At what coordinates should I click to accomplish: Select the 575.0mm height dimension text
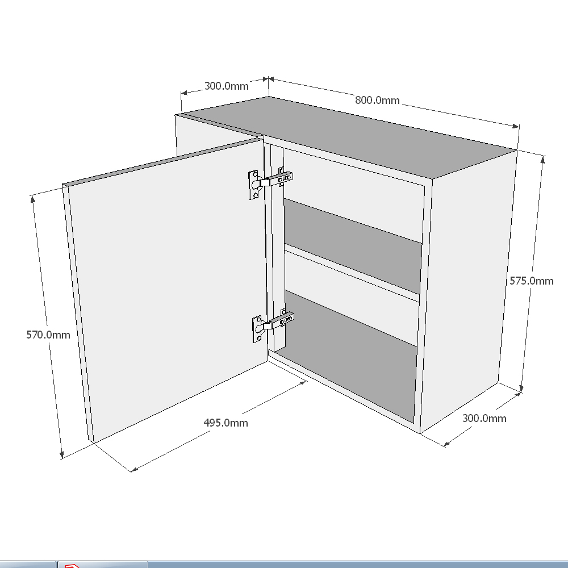click(x=531, y=281)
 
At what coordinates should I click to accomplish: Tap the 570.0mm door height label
click(x=48, y=335)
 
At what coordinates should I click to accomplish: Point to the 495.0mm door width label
click(x=225, y=423)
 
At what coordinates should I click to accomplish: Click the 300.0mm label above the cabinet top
click(x=226, y=86)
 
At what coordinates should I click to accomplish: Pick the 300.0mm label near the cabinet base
click(x=484, y=418)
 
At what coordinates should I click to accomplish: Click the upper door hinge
click(x=270, y=182)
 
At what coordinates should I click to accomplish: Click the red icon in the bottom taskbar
click(x=72, y=566)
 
